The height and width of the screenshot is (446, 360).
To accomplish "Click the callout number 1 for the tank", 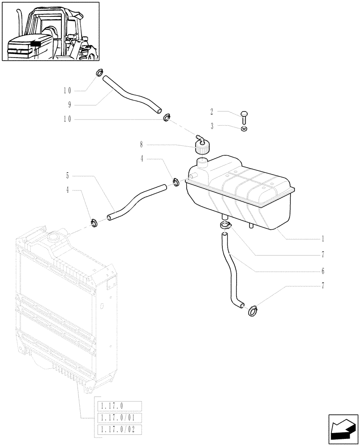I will tap(322, 239).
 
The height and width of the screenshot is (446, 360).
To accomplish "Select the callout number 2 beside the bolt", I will tap(212, 111).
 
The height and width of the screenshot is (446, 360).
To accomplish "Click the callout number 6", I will tap(322, 271).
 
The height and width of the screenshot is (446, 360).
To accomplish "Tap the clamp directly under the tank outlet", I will tap(225, 226).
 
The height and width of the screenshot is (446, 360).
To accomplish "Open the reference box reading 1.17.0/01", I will tap(119, 417).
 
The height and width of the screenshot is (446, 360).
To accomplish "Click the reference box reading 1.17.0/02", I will tap(119, 430).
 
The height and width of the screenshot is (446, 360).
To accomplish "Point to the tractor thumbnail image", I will tap(50, 32).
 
